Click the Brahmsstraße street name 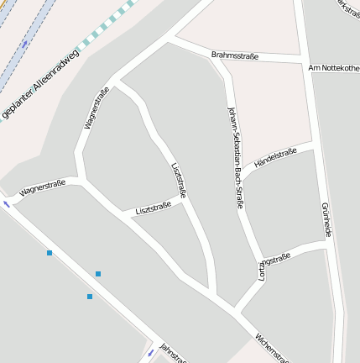click(x=235, y=55)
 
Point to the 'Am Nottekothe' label click(x=333, y=67)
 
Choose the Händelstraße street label click(x=275, y=157)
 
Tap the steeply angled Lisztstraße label click(x=178, y=180)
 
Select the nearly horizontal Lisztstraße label click(x=153, y=207)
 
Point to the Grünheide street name click(x=326, y=219)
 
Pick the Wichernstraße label click(x=272, y=344)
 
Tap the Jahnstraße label click(x=172, y=354)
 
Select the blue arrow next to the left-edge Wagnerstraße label click(x=8, y=203)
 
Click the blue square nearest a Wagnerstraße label click(x=50, y=252)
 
